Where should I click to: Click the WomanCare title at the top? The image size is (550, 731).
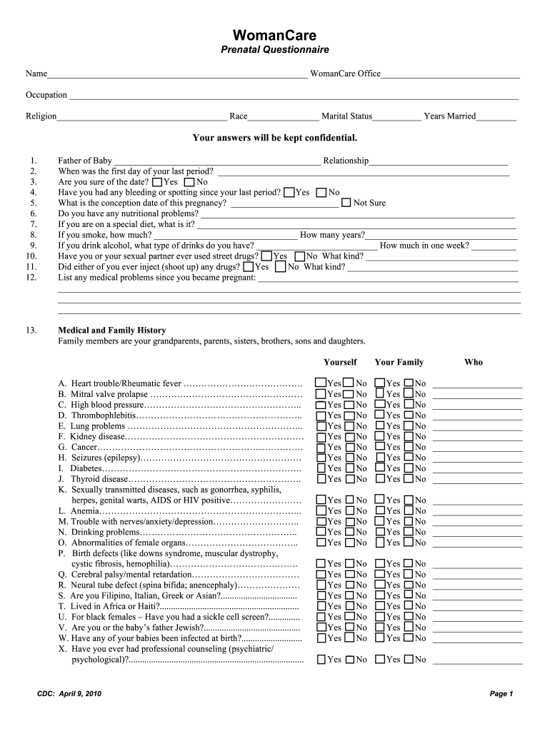(274, 35)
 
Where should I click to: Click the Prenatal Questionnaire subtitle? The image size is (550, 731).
(274, 50)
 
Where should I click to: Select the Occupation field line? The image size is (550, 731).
(293, 96)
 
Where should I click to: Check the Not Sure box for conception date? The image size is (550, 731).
(346, 203)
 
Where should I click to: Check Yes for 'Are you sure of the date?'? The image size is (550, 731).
(157, 182)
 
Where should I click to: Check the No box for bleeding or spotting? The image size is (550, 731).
(321, 192)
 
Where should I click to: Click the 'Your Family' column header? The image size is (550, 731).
(399, 362)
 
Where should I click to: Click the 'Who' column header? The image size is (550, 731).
(473, 362)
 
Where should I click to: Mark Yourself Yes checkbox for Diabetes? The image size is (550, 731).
(321, 468)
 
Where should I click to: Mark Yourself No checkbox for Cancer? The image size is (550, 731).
(349, 447)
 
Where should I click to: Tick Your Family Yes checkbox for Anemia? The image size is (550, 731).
(380, 511)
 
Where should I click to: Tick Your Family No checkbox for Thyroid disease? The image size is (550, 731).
(409, 479)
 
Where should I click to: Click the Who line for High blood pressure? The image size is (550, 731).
(477, 405)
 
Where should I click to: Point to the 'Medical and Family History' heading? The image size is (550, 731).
(111, 331)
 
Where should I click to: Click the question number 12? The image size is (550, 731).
(31, 277)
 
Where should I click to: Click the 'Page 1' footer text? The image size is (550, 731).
(501, 694)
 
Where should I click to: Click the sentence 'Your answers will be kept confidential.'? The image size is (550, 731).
(274, 138)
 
